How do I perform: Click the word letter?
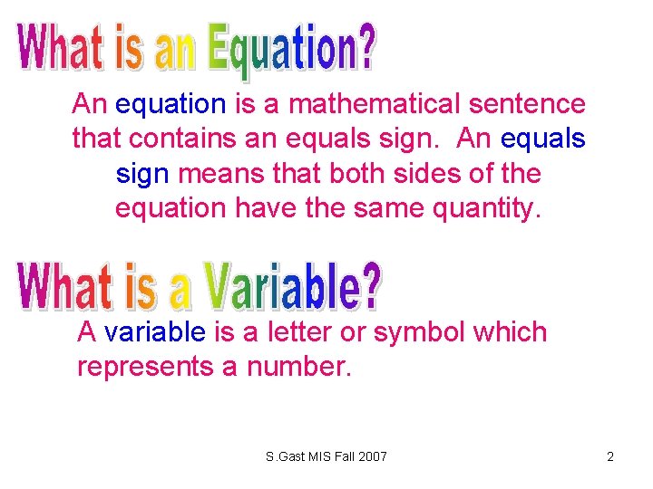click(297, 332)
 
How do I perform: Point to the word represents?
click(145, 367)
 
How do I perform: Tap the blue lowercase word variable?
click(155, 332)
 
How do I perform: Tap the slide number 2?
click(610, 456)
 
